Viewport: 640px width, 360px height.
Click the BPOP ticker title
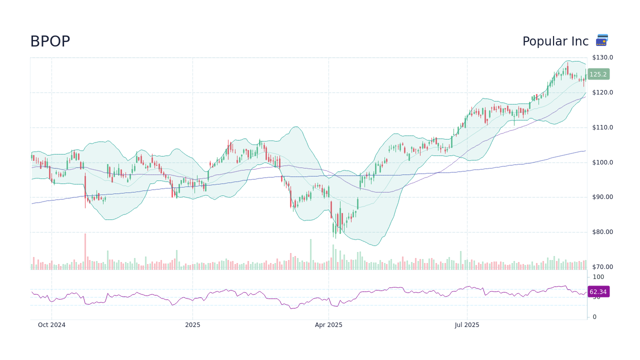(x=50, y=42)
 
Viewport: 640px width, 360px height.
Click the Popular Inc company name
(x=555, y=42)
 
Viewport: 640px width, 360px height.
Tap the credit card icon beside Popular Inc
(x=602, y=40)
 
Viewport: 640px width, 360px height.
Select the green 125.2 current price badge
(x=598, y=74)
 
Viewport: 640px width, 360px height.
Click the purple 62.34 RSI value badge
(x=598, y=292)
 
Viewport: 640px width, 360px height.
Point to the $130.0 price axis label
(x=602, y=57)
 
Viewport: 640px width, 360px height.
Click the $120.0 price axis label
(x=602, y=92)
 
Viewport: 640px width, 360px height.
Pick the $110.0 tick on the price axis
(x=602, y=127)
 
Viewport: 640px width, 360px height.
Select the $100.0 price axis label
(x=602, y=162)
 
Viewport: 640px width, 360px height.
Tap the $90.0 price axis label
(x=602, y=197)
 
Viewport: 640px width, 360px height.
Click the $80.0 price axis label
(x=602, y=232)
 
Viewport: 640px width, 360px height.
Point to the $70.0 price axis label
(x=602, y=267)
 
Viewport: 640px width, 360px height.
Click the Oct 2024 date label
(x=51, y=325)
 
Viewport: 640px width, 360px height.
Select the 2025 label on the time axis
(x=192, y=325)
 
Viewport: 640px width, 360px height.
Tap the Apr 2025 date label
(x=328, y=325)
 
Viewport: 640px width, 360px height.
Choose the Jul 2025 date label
(x=467, y=325)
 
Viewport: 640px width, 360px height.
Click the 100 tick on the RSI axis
(x=598, y=277)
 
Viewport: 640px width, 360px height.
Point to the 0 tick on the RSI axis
(x=594, y=317)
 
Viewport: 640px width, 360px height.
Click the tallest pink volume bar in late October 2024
(x=85, y=252)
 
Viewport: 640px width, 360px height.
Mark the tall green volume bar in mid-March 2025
(x=310, y=254)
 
